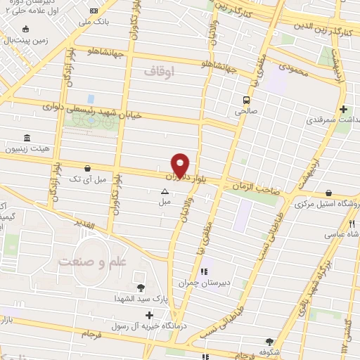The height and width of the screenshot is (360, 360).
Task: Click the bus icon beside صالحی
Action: click(x=246, y=99)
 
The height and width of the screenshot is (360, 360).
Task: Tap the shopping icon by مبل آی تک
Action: click(x=86, y=169)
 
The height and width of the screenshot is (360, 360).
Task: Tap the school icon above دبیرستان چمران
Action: click(x=205, y=273)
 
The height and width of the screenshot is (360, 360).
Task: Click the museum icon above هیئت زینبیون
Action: click(x=27, y=138)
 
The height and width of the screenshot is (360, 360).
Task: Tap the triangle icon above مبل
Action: click(x=165, y=191)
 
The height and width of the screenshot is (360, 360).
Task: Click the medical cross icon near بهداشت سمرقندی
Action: click(x=343, y=109)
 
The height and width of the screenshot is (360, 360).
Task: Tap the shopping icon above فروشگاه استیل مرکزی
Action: click(x=328, y=193)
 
